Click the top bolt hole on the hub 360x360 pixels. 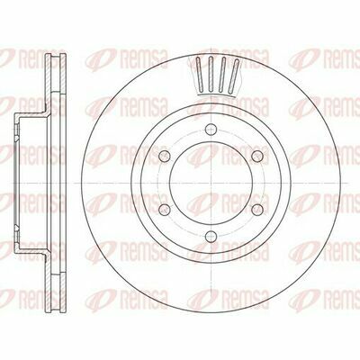pyautogui.click(x=211, y=129)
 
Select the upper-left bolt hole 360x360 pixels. pyautogui.click(x=165, y=156)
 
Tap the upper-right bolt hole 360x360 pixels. pyautogui.click(x=257, y=156)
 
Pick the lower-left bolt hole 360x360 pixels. pyautogui.click(x=165, y=209)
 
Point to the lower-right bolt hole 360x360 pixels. pyautogui.click(x=257, y=209)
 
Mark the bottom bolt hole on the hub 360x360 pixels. pyautogui.click(x=211, y=236)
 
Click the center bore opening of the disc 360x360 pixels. pyautogui.click(x=211, y=183)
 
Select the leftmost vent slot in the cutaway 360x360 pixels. pyautogui.click(x=200, y=73)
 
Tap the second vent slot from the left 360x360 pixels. pyautogui.click(x=211, y=74)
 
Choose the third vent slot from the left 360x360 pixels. pyautogui.click(x=222, y=74)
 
